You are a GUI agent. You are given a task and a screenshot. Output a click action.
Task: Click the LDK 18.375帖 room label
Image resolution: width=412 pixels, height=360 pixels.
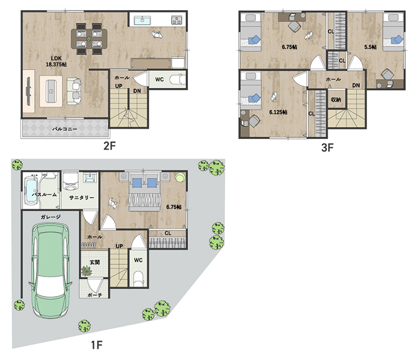(56, 61)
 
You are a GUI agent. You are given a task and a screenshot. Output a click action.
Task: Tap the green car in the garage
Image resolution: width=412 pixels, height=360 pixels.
(50, 271)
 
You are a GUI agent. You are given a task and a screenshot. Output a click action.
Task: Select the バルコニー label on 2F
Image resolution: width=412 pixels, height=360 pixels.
(64, 129)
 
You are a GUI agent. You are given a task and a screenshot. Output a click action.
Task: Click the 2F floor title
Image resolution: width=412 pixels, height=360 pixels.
(109, 145)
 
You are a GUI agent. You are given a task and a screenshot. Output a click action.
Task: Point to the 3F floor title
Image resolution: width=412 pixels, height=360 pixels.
(327, 147)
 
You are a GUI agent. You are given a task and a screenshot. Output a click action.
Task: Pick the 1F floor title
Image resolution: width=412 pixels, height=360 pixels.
(97, 345)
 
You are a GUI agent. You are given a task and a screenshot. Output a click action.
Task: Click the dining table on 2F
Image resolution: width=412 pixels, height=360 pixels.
(89, 39)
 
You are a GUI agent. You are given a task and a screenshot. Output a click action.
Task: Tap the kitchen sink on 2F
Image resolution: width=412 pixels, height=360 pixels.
(143, 20)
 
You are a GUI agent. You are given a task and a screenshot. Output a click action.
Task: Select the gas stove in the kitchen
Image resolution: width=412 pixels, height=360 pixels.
(177, 20)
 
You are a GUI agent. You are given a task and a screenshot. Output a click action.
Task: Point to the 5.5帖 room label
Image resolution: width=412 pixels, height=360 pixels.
(370, 47)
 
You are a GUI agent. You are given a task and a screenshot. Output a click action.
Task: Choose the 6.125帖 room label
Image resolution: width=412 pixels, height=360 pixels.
(278, 112)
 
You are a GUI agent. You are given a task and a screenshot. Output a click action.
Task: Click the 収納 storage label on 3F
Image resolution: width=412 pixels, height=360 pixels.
(336, 100)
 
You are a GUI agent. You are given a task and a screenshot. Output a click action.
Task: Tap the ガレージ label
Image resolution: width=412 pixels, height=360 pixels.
(51, 217)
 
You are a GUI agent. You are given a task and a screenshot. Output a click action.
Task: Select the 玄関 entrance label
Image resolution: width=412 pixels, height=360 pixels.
(95, 262)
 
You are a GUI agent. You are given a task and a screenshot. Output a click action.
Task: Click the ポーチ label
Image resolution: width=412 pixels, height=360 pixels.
(95, 295)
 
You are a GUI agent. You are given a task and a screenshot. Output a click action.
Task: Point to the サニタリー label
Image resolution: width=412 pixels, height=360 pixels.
(81, 198)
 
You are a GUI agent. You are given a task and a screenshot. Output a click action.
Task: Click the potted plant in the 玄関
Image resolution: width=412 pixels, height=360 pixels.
(86, 271)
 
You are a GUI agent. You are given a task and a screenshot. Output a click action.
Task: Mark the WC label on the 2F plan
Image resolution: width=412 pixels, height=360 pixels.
(160, 79)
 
